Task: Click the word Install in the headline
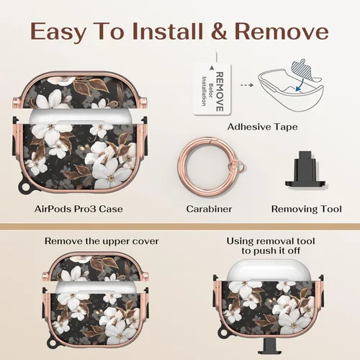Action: click(x=168, y=32)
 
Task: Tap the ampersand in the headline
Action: click(x=218, y=32)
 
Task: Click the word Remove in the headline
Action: click(x=282, y=32)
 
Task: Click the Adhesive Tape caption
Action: click(x=263, y=127)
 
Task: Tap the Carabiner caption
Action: click(x=209, y=209)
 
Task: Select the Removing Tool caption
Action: click(x=307, y=209)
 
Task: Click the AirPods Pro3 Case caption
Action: click(x=78, y=209)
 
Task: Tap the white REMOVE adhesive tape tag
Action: click(x=212, y=89)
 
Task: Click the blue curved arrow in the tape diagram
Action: click(x=300, y=85)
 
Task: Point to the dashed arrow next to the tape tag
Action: click(x=247, y=85)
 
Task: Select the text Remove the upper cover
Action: click(x=102, y=241)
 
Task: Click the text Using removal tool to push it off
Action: click(x=271, y=246)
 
